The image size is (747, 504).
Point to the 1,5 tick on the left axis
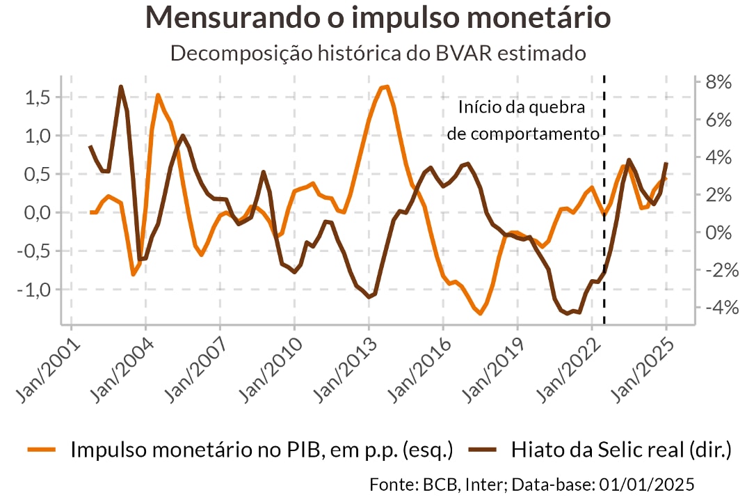[x=38, y=97]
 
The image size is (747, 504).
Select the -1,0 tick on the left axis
[x=35, y=289]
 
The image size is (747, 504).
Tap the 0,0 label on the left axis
[x=38, y=212]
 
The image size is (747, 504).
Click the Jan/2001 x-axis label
[x=45, y=369]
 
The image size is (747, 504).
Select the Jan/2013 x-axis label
[x=342, y=369]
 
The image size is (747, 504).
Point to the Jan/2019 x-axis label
[x=491, y=369]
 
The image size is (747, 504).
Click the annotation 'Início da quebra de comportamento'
[x=522, y=121]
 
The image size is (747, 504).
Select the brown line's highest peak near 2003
[x=120, y=87]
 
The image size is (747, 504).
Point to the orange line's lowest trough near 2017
[x=480, y=313]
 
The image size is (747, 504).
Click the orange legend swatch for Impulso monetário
[x=42, y=450]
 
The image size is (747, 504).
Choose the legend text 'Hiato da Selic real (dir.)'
[x=621, y=450]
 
